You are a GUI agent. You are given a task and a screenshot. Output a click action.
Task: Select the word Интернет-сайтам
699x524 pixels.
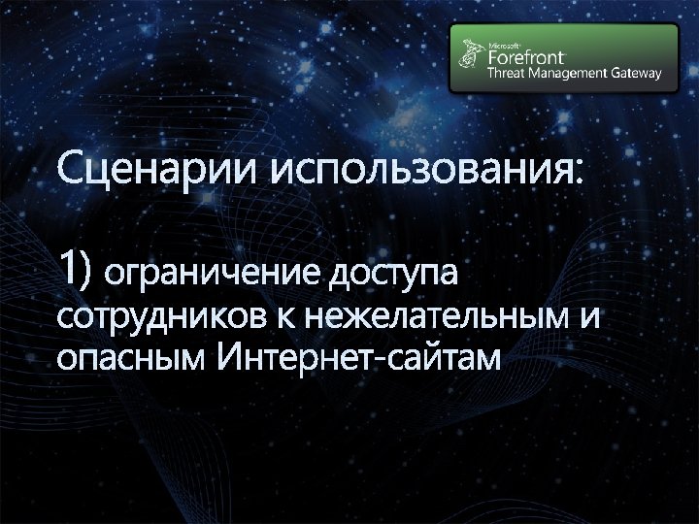[358, 358]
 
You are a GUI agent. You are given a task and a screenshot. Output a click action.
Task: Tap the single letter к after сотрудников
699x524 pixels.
[287, 317]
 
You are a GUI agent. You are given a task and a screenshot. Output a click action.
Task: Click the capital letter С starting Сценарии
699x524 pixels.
[70, 171]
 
